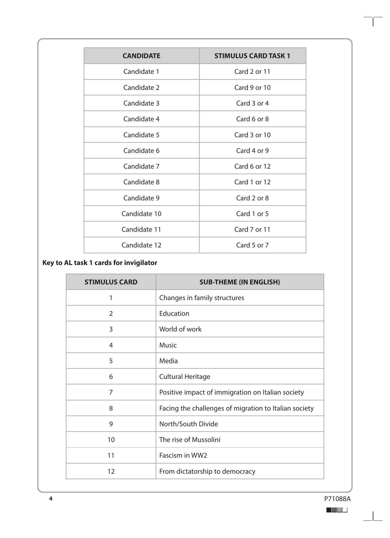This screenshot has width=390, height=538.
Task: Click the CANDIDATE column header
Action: coord(141,56)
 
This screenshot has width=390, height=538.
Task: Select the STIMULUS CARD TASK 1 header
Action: coord(252,56)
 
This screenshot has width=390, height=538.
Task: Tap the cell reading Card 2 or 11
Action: coord(252,72)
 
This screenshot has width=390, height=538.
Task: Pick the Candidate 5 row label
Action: coord(141,135)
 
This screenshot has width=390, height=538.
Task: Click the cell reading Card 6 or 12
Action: coord(252,167)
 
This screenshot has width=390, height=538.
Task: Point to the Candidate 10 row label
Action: coord(141,214)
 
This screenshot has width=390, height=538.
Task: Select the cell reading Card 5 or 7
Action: coord(252,245)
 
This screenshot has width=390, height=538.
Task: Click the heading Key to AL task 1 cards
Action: coord(100,263)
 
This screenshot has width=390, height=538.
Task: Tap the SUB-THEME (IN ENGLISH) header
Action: coord(240,282)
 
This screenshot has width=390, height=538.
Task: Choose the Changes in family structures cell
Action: coord(201,298)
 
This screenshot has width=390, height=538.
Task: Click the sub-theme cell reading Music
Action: coord(168,345)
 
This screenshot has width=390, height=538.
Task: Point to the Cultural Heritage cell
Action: coord(185,377)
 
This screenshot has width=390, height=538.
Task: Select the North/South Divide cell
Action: coord(189,424)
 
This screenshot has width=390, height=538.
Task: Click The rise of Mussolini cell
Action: coord(190,440)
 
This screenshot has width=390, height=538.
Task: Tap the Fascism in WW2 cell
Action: coord(183,456)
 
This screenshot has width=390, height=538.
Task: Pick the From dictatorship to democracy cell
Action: coord(207,472)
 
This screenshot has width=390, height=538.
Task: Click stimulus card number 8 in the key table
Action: coord(111,408)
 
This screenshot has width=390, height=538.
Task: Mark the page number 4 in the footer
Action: coord(51,499)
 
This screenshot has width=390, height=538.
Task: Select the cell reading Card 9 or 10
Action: coord(252,88)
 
